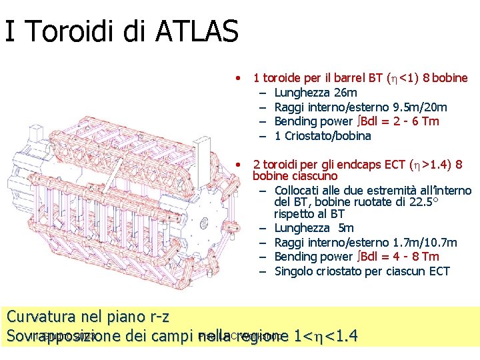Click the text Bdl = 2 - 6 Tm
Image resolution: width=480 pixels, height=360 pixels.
coord(398,121)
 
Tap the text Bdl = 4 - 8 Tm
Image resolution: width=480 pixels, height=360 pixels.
coord(398,257)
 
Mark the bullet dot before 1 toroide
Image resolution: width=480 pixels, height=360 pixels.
coord(238,78)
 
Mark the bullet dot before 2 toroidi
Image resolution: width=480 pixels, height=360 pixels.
coord(238,165)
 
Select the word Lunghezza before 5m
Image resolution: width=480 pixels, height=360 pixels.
coord(303,229)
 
